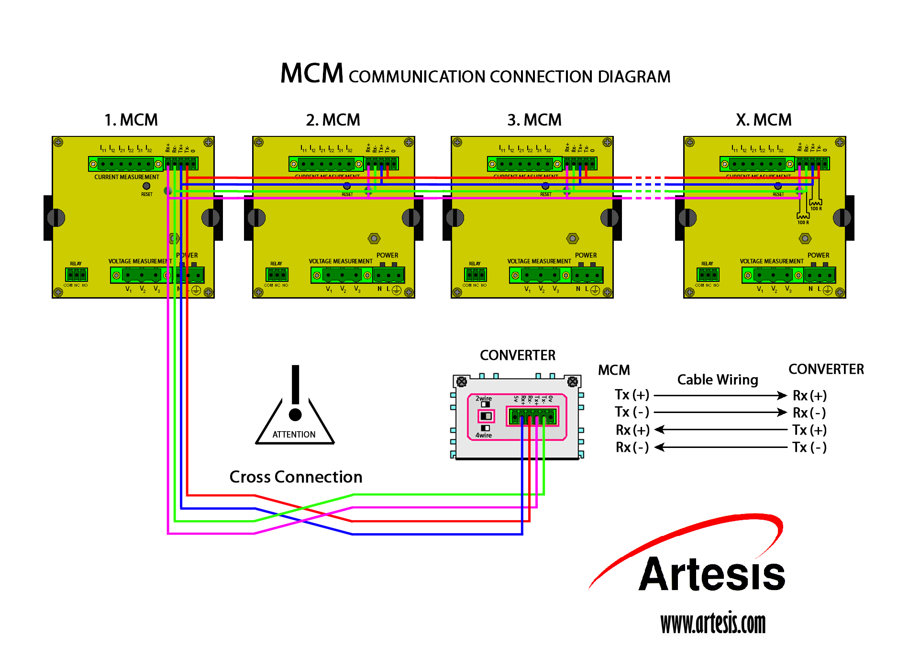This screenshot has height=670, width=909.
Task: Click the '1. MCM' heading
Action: tap(131, 120)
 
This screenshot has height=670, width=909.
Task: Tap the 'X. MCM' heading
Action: tap(764, 120)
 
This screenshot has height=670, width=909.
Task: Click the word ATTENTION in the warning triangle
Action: tap(294, 435)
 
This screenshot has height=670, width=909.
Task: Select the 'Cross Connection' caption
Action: tap(296, 477)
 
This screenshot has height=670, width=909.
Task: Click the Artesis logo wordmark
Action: tap(712, 574)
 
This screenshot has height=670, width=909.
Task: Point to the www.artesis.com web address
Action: tap(713, 623)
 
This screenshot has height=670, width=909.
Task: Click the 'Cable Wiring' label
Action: tap(718, 380)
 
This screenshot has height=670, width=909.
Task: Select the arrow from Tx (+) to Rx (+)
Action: tap(720, 395)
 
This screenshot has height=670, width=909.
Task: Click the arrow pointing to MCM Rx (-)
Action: tap(720, 447)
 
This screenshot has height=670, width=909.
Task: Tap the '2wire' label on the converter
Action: tap(483, 398)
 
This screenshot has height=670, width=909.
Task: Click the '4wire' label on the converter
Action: tap(483, 435)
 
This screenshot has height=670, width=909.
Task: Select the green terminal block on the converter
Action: tap(532, 416)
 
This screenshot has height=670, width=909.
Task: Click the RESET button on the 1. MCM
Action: tap(146, 186)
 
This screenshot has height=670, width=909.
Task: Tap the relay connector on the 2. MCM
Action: tap(277, 275)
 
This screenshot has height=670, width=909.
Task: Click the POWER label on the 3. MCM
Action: tap(586, 255)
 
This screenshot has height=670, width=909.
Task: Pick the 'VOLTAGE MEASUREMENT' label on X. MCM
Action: tap(771, 261)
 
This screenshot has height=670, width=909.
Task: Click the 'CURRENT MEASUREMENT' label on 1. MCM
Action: tap(126, 177)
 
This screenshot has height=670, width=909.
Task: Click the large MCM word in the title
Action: tap(311, 74)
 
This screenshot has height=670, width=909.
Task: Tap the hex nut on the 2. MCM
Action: tap(374, 238)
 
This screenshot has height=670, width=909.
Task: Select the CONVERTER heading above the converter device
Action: tap(518, 355)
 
